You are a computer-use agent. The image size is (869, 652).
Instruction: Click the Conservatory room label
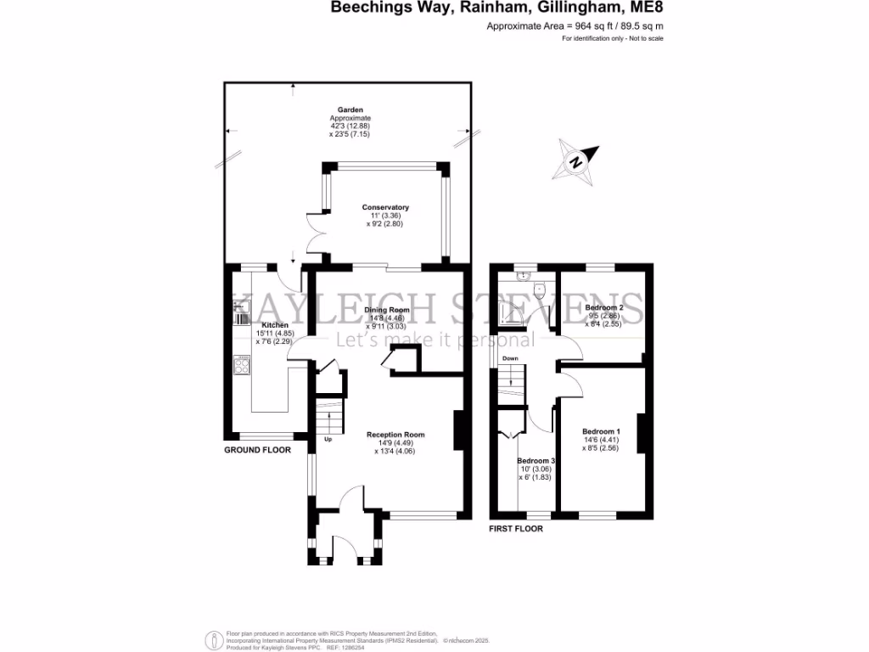click(x=385, y=208)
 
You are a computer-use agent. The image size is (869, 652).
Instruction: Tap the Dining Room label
click(x=386, y=311)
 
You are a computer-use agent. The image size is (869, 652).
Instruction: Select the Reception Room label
click(x=395, y=435)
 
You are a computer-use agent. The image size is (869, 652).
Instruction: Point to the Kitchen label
click(x=275, y=325)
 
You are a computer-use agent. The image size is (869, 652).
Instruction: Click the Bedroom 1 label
click(x=600, y=432)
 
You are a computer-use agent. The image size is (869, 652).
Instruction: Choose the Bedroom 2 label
click(x=604, y=307)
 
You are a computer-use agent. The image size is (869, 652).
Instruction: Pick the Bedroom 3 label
click(x=535, y=461)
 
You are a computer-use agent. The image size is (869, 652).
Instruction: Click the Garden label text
click(x=350, y=110)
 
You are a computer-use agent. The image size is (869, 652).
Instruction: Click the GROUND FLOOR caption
click(x=257, y=450)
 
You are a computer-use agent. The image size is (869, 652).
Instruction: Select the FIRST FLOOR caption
click(x=516, y=528)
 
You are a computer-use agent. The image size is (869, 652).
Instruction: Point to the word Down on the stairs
click(x=510, y=358)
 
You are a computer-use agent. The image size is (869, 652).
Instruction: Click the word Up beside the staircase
click(x=328, y=440)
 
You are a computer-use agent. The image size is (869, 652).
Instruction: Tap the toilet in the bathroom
click(x=549, y=291)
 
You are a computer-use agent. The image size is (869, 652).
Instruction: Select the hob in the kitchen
click(x=241, y=366)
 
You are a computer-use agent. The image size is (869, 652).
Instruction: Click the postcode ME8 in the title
click(x=647, y=8)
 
